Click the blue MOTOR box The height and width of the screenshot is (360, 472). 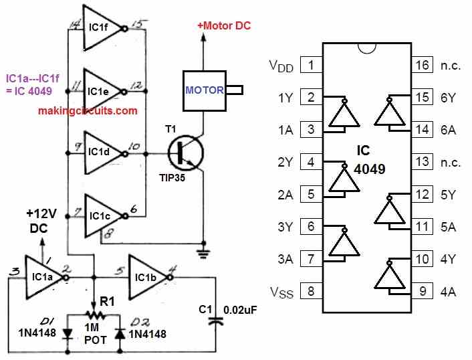click(x=204, y=90)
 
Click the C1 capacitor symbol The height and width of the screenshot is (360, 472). click(x=216, y=322)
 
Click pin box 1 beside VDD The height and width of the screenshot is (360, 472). click(x=309, y=66)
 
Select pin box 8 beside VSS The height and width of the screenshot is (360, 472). click(x=309, y=292)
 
